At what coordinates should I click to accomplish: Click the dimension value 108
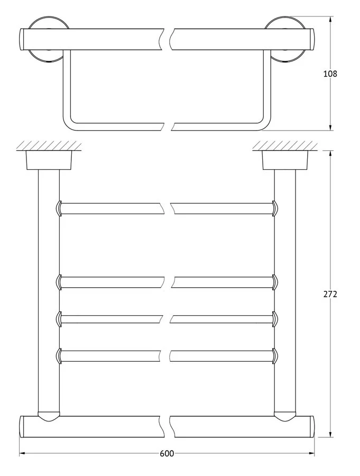330,74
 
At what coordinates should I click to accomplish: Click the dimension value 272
330,294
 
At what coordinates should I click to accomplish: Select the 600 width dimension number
167,454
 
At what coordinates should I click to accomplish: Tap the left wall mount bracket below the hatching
49,160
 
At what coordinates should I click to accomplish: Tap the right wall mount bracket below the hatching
285,160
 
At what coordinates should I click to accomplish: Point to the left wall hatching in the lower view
49,145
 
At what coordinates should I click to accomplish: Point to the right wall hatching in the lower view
285,145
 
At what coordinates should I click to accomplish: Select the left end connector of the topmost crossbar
59,208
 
